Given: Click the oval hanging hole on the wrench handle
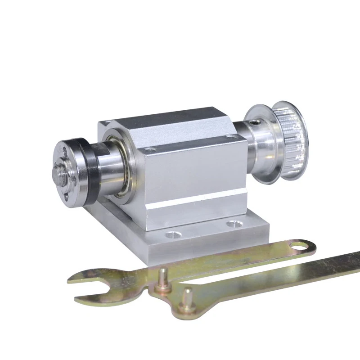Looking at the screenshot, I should pyautogui.click(x=299, y=246).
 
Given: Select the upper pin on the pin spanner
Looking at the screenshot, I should pyautogui.click(x=162, y=276).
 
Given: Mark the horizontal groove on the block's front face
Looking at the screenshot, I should pyautogui.click(x=198, y=201).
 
